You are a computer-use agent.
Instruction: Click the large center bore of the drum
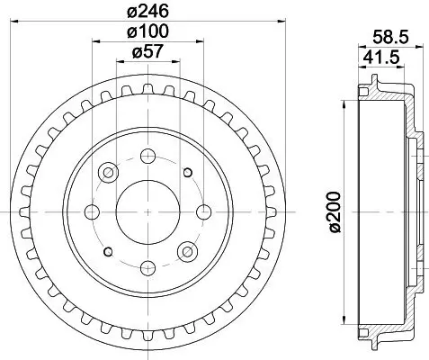147,212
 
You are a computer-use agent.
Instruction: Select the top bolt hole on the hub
147,155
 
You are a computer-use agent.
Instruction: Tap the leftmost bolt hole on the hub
91,212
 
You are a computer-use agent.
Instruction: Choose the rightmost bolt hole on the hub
205,212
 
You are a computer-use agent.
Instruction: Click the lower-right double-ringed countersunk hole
188,251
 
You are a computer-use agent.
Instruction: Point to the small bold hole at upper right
187,173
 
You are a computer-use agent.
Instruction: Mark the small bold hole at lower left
108,252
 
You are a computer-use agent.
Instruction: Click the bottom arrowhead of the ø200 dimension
344,322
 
